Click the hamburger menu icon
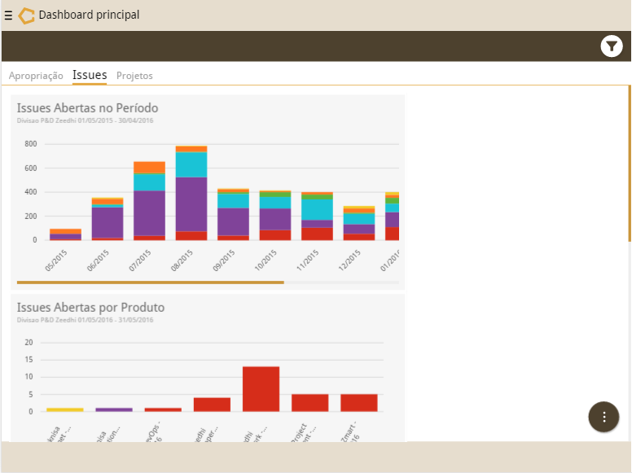pyautogui.click(x=8, y=15)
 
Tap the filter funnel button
pyautogui.click(x=611, y=46)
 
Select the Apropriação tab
pyautogui.click(x=36, y=76)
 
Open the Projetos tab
pyautogui.click(x=134, y=76)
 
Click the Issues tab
pyautogui.click(x=90, y=75)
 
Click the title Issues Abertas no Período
pyautogui.click(x=87, y=107)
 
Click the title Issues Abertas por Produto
pyautogui.click(x=90, y=307)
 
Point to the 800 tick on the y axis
pyautogui.click(x=31, y=144)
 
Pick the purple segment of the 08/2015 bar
pyautogui.click(x=191, y=204)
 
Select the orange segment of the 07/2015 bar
pyautogui.click(x=149, y=167)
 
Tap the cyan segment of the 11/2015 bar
pyautogui.click(x=317, y=209)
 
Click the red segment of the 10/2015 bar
pyautogui.click(x=275, y=234)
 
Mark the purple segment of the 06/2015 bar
pyautogui.click(x=107, y=222)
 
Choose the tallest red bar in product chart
pyautogui.click(x=261, y=388)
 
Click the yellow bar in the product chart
pyautogui.click(x=65, y=409)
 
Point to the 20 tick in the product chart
pyautogui.click(x=29, y=342)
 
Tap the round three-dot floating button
pyautogui.click(x=603, y=417)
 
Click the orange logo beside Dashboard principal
pyautogui.click(x=26, y=15)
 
